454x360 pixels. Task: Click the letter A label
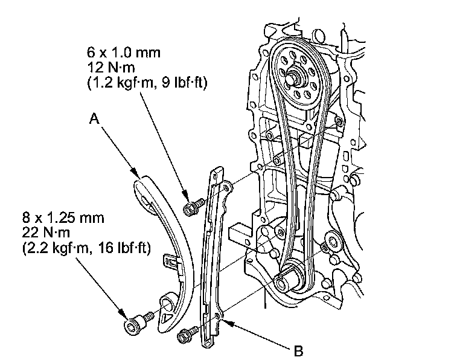click(x=94, y=119)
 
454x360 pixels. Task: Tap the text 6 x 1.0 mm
click(x=125, y=53)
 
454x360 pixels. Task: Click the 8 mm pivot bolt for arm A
click(x=135, y=324)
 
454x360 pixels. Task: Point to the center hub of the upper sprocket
click(x=296, y=77)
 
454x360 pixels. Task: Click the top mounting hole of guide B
click(x=226, y=188)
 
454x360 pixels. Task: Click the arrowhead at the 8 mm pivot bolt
click(x=125, y=315)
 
